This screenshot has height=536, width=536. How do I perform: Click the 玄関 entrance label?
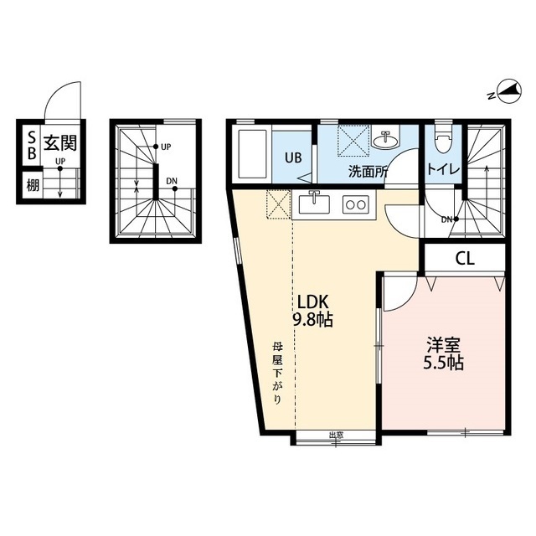coord(59,143)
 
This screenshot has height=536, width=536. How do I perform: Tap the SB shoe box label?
coord(32,145)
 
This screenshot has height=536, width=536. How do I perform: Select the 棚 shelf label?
coord(33,186)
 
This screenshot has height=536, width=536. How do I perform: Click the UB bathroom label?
coord(293,157)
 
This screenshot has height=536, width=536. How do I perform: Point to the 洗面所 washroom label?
coord(368,171)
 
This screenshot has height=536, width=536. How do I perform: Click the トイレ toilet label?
coord(443,169)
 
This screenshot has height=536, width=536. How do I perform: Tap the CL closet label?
coord(465,259)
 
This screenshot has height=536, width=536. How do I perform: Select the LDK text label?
coord(312,302)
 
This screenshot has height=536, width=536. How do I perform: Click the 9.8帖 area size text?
coord(312,320)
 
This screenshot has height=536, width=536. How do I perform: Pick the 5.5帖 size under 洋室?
coord(443,363)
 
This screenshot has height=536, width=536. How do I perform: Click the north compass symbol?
coord(509,92)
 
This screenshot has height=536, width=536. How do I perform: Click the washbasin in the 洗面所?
coord(385,141)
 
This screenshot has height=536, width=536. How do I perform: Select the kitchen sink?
coord(314,204)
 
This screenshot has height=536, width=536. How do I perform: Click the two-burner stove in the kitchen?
coord(355,204)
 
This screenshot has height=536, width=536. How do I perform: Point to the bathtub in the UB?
coord(252,154)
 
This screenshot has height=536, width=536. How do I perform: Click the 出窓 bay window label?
coord(336,435)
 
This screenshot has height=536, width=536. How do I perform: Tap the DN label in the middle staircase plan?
coord(172,181)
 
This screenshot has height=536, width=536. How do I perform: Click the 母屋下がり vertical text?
coord(277,374)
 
